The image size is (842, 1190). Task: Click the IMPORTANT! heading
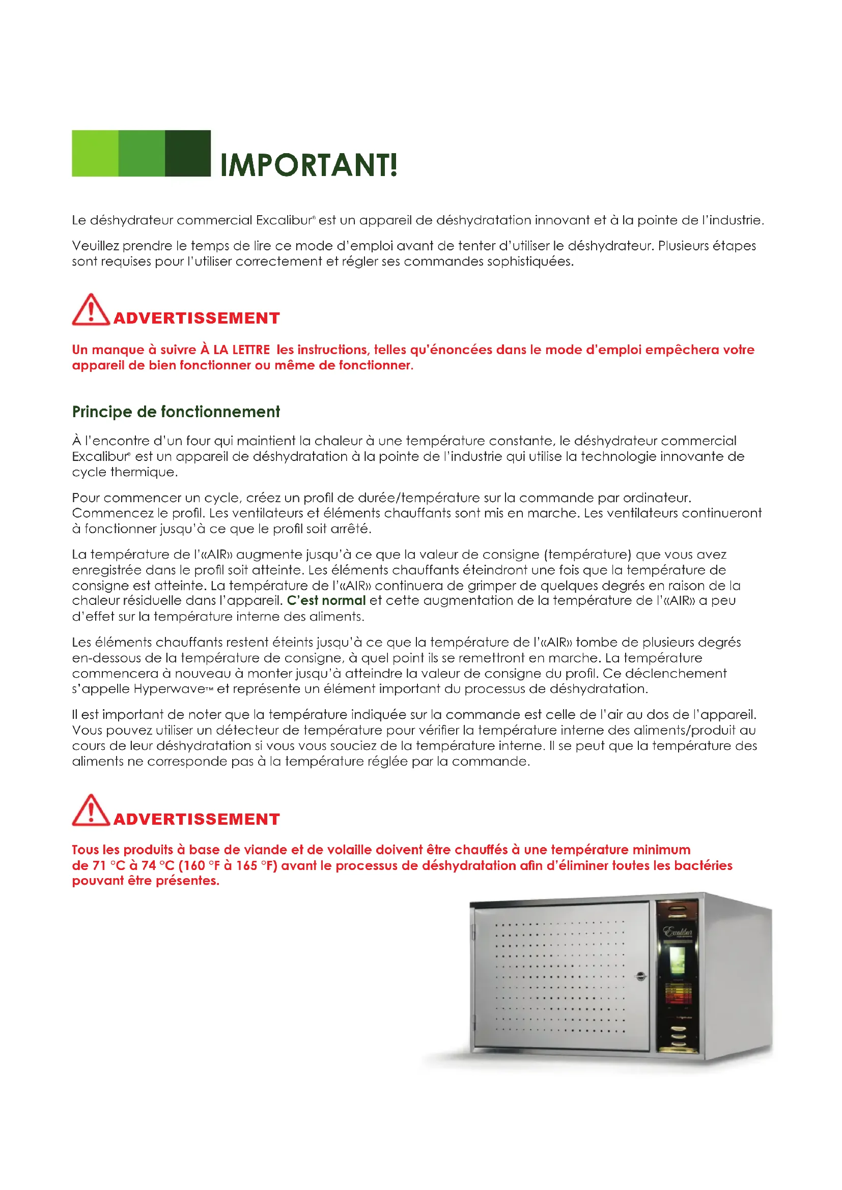(308, 165)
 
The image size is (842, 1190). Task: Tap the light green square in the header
(95, 154)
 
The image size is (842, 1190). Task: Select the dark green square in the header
(188, 154)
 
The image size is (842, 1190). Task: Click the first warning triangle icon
(91, 310)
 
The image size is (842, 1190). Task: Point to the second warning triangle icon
(91, 811)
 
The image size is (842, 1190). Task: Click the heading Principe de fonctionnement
(176, 412)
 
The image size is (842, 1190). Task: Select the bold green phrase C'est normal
(326, 601)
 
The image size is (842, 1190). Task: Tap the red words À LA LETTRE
(235, 350)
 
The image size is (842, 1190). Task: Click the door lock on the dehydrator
(641, 976)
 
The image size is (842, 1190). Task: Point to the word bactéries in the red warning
(703, 865)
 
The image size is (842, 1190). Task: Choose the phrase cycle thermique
(124, 472)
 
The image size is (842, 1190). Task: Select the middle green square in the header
(142, 154)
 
